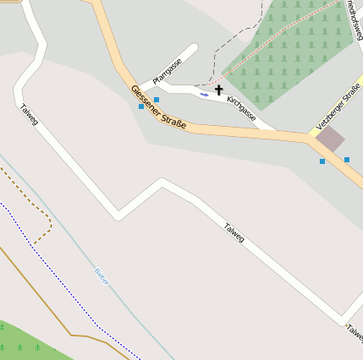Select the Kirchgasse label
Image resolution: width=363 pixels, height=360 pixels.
(x=241, y=107)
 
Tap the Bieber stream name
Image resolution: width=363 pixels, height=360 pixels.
(x=102, y=276)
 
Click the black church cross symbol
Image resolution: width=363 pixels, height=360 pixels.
(x=219, y=90)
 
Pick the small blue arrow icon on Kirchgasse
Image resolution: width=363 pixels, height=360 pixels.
(x=204, y=95)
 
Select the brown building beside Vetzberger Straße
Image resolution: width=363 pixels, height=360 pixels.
(x=330, y=139)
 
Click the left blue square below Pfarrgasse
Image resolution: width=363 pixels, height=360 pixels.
(x=140, y=106)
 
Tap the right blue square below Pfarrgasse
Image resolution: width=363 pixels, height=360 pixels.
(x=157, y=101)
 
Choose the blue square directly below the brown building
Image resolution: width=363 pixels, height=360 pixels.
(x=322, y=161)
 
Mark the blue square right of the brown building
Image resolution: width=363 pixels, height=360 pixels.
(x=347, y=159)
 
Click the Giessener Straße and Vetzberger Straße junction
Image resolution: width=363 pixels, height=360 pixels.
(x=309, y=135)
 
